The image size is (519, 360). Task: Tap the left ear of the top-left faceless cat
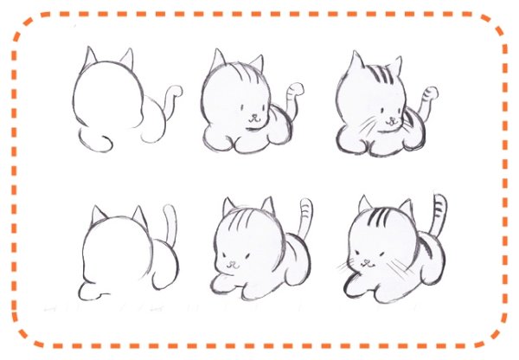point(90,57)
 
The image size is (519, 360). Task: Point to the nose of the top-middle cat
point(252,114)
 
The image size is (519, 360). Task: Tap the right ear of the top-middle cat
point(255,64)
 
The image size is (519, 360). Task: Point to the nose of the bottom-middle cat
point(231,261)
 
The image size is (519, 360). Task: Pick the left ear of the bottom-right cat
point(366,205)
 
